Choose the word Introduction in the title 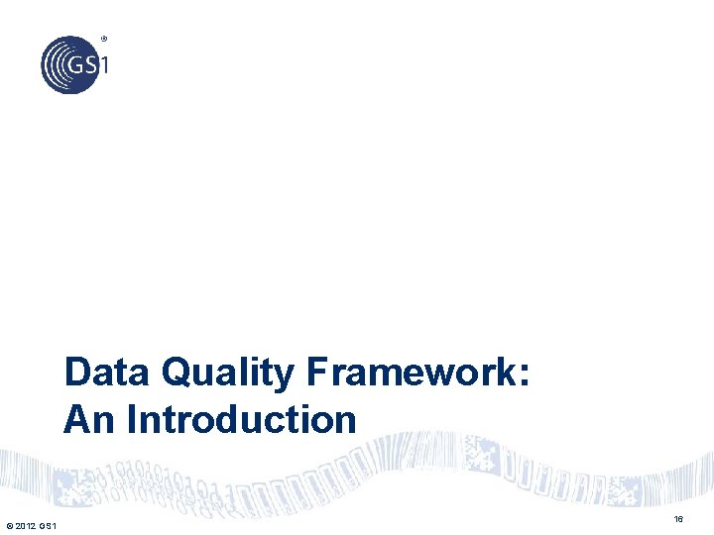point(241,419)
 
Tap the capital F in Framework point(317,374)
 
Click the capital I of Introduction point(131,419)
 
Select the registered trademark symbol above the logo point(104,40)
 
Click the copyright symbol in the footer point(9,524)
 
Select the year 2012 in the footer point(26,524)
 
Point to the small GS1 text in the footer point(49,524)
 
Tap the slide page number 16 point(678,519)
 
